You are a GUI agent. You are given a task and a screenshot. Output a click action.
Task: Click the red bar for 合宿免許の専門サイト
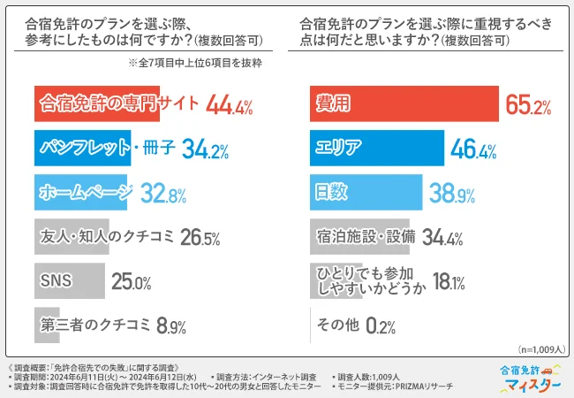pyautogui.click(x=96, y=105)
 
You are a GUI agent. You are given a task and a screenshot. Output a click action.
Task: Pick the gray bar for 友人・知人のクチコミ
pyautogui.click(x=71, y=237)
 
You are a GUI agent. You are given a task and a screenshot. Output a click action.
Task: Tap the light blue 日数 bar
pyautogui.click(x=366, y=192)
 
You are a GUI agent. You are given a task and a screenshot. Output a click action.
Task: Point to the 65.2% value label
pyautogui.click(x=528, y=106)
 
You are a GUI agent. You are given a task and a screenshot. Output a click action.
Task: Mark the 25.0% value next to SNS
pyautogui.click(x=131, y=282)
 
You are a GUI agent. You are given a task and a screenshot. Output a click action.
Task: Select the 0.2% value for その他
pyautogui.click(x=380, y=326)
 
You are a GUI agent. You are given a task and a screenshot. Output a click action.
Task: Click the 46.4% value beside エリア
pyautogui.click(x=474, y=149)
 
